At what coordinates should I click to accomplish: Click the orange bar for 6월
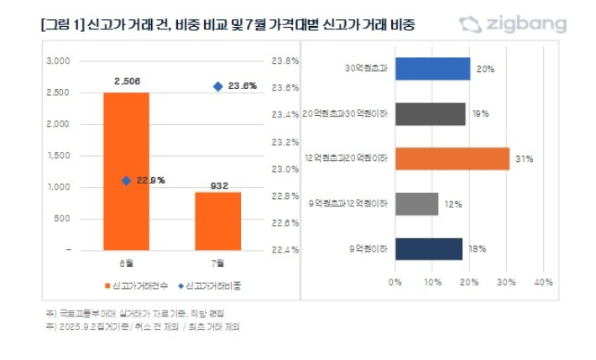click(126, 171)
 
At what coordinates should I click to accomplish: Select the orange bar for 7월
click(217, 221)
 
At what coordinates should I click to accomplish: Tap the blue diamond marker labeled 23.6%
click(217, 86)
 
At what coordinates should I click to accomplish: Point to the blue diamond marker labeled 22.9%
click(126, 180)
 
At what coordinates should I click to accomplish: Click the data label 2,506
click(126, 82)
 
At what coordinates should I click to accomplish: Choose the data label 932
click(217, 184)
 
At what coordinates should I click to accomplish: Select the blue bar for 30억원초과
click(432, 69)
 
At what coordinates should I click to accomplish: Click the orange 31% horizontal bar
click(452, 159)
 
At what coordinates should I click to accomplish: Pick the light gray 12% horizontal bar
click(416, 204)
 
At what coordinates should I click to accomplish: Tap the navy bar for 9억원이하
click(428, 248)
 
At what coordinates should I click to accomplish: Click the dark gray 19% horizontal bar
click(430, 113)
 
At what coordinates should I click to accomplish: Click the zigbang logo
click(513, 24)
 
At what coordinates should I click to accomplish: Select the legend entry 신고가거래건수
click(137, 284)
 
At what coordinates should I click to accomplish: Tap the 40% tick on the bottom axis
click(542, 281)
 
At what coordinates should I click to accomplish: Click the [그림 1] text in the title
click(60, 25)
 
